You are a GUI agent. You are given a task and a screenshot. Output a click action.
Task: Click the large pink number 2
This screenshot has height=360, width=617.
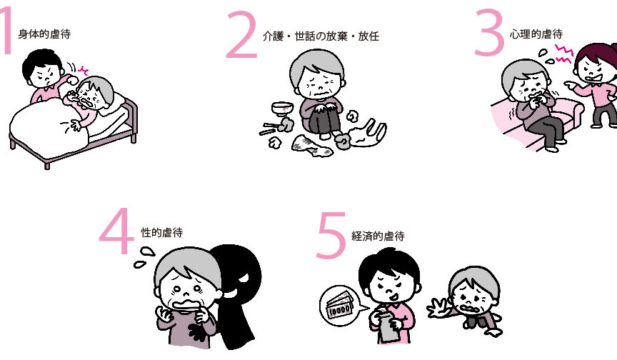(242, 36)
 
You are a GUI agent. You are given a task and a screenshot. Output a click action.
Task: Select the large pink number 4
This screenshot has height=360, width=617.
(115, 231)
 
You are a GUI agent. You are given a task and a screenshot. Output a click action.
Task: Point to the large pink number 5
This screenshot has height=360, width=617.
(331, 235)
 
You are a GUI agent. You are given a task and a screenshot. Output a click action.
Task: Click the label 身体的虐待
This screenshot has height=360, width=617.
(44, 34)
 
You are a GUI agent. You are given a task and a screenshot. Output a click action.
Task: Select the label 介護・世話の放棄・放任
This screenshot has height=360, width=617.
(321, 36)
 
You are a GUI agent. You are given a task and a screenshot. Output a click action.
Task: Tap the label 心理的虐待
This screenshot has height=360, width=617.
(536, 34)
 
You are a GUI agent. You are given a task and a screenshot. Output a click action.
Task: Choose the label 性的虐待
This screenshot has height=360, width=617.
(161, 233)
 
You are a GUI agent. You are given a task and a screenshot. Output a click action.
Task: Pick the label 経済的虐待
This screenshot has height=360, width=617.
(378, 236)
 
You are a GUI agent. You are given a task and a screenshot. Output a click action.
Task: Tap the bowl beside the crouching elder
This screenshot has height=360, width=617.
(282, 109)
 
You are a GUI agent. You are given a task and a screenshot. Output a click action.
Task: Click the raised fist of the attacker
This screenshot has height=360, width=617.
(73, 80)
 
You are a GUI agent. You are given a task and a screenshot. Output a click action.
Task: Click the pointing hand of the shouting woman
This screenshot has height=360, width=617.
(571, 84)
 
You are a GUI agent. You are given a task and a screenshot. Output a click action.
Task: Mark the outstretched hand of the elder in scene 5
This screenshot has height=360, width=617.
(438, 308)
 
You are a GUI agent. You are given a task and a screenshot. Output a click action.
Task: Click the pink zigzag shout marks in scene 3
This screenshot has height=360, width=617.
(563, 54)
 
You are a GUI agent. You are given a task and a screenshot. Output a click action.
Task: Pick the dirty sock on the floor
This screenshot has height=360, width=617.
(311, 145)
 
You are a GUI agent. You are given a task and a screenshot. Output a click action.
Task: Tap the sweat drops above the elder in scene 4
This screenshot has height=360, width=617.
(144, 256)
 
